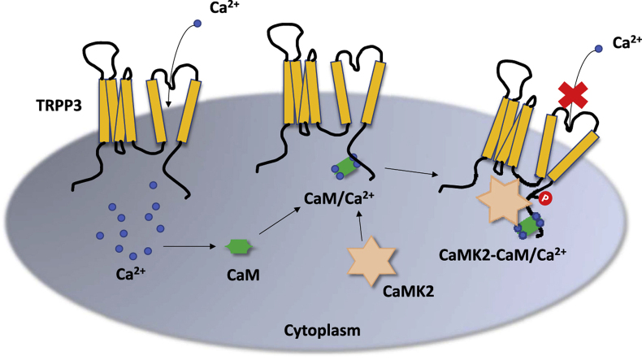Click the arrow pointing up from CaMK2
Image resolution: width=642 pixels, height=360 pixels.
point(362,224)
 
